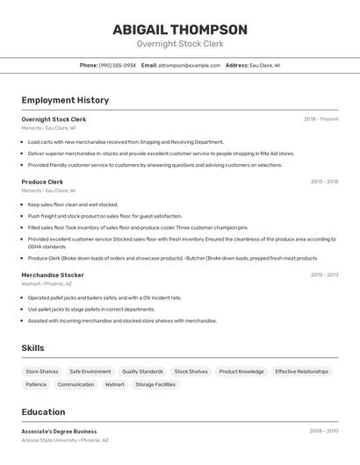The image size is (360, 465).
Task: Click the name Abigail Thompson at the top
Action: pos(180,29)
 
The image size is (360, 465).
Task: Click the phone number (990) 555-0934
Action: pos(117,65)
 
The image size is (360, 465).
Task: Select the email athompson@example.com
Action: pos(189,65)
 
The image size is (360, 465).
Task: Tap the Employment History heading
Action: pos(65,100)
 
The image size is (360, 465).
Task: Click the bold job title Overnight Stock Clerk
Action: pos(54,118)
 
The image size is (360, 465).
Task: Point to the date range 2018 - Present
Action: pos(320,118)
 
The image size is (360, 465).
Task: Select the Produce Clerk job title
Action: pos(42,182)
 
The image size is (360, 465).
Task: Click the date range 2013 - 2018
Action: pos(324,182)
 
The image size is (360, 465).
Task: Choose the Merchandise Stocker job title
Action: pos(53,275)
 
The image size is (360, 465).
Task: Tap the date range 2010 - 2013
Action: pos(324,275)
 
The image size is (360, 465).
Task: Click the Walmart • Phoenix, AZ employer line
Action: pos(47,283)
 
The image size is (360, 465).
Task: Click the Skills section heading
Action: pos(32,347)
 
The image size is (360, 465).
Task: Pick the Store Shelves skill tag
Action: pos(42,371)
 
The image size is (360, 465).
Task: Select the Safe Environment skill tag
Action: pos(90,371)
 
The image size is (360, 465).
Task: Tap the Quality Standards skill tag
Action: pos(142,371)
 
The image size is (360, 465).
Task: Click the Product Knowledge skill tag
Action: pos(241,371)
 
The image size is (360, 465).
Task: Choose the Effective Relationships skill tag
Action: pos(301,371)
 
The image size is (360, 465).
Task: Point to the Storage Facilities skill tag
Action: pos(155,384)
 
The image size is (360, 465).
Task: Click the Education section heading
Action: pos(43,411)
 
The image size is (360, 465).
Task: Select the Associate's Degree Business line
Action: pos(59,431)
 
